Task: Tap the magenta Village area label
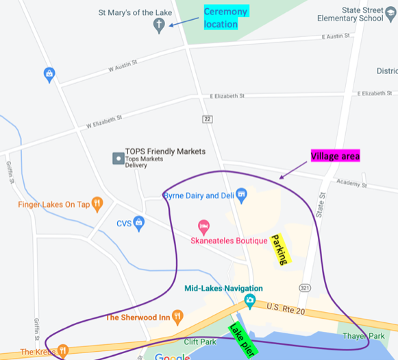pyautogui.click(x=335, y=156)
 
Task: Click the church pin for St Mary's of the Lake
pyautogui.click(x=158, y=27)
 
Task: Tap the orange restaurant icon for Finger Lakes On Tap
pyautogui.click(x=97, y=203)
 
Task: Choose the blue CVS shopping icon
pyautogui.click(x=139, y=222)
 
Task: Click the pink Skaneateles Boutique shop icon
pyautogui.click(x=203, y=226)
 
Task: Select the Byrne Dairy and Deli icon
pyautogui.click(x=240, y=195)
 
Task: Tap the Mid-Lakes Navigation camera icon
pyautogui.click(x=251, y=300)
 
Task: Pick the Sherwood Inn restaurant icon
pyautogui.click(x=177, y=317)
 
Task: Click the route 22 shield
pyautogui.click(x=208, y=119)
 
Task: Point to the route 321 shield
pyautogui.click(x=304, y=285)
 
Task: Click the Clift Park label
pyautogui.click(x=200, y=341)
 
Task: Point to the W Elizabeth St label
pyautogui.click(x=104, y=121)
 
